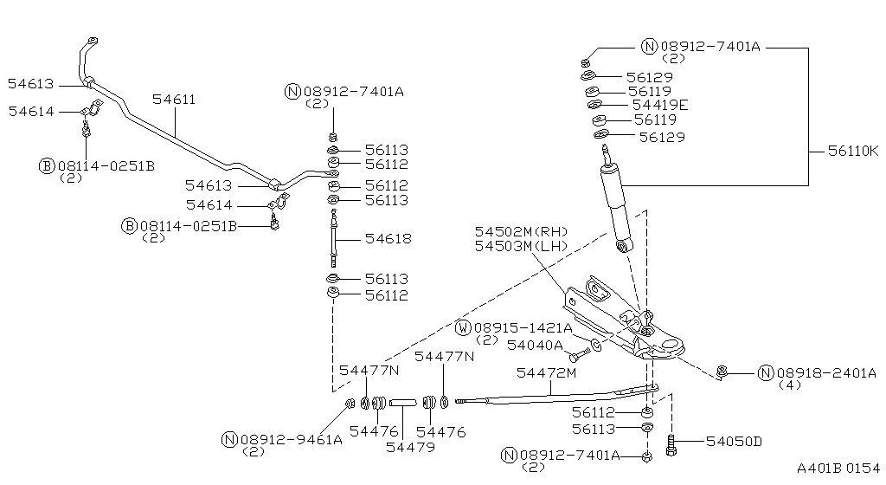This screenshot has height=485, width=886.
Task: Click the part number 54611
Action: coord(174,100)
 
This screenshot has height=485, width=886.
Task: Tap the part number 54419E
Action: coord(660,105)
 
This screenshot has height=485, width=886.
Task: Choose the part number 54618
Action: coord(388,239)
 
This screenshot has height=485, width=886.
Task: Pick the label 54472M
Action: coord(546,372)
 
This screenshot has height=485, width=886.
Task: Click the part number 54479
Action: coord(410,447)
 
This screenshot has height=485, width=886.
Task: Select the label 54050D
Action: coord(734,442)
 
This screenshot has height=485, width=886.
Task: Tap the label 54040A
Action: coord(535,345)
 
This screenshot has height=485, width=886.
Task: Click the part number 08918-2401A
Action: coord(825,373)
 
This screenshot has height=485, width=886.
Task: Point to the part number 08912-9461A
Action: coord(290,439)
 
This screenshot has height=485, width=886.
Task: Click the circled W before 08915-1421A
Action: coord(463,328)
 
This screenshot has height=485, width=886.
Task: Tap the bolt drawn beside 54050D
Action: coord(671,445)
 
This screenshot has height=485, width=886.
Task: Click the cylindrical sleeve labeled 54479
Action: coord(403,403)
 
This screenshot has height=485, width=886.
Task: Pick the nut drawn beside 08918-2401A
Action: coord(722,373)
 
